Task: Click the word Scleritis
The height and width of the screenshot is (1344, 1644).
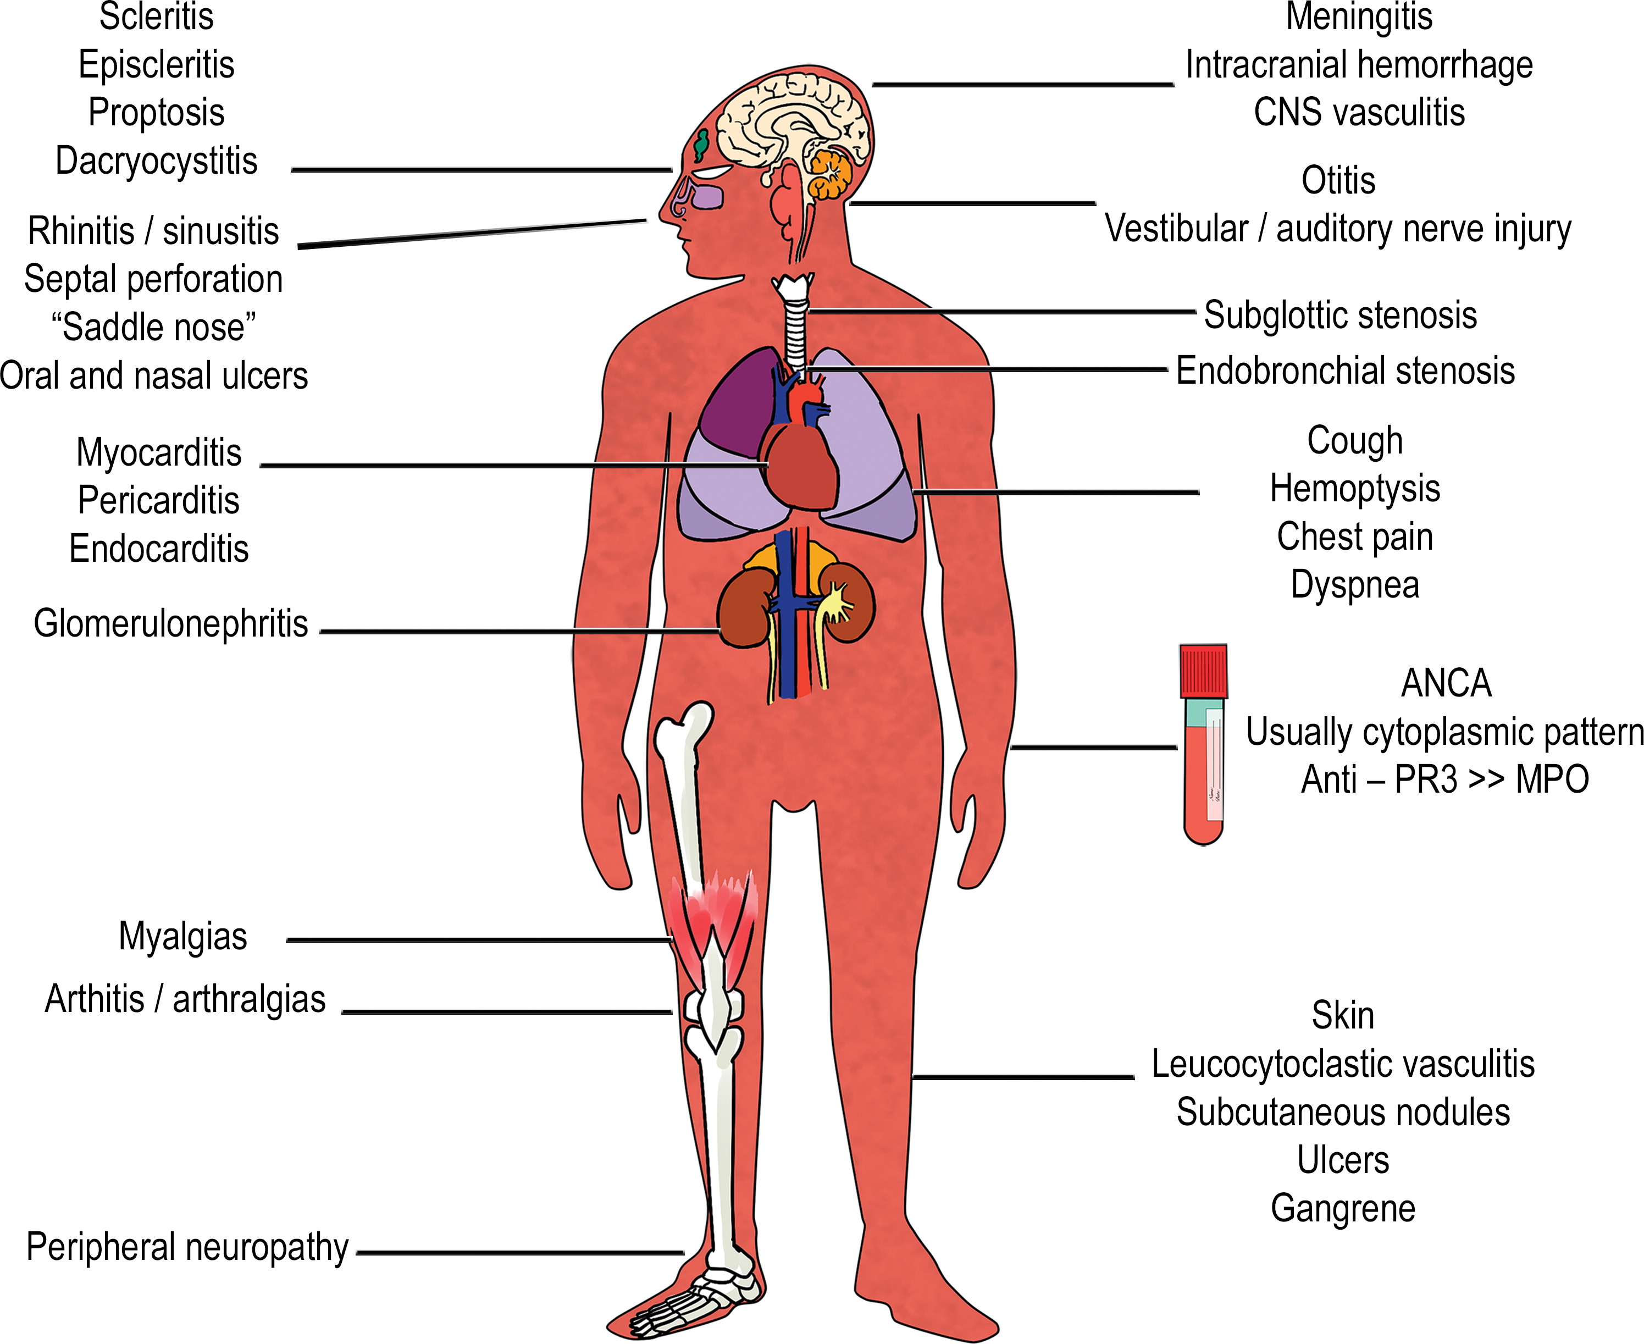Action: click(156, 16)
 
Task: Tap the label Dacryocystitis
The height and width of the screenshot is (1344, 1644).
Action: click(156, 161)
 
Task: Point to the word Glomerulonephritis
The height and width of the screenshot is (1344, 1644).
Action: click(171, 623)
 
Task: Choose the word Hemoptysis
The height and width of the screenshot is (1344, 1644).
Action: click(1354, 489)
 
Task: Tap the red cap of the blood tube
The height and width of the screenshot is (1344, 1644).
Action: click(1204, 671)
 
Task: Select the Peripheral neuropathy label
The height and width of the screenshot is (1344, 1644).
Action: click(187, 1247)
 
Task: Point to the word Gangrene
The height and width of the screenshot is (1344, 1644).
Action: click(1343, 1209)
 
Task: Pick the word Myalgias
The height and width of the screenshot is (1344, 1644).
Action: click(182, 936)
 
